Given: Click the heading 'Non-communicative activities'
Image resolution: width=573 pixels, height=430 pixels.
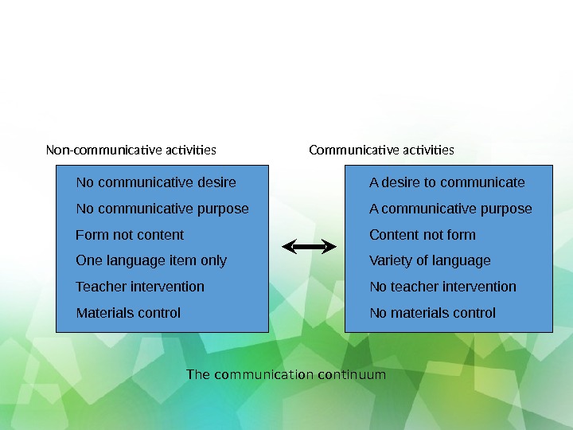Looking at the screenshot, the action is click(131, 150).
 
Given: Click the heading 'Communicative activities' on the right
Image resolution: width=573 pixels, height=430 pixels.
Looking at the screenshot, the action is click(381, 150).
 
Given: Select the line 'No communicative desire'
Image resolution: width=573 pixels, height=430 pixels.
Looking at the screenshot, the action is click(156, 182).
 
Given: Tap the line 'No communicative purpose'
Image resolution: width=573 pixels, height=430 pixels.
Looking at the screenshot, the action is click(162, 209).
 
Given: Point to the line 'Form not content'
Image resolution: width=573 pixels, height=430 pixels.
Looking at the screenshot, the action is click(130, 235).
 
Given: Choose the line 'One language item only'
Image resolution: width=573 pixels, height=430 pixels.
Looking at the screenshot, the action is click(151, 260).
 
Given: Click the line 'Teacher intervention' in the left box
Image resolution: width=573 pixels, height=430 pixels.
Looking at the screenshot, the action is click(140, 287).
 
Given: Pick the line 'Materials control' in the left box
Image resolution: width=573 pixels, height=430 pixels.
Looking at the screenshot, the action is click(128, 313).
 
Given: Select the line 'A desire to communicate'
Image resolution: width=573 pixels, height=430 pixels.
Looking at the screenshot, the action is click(447, 182).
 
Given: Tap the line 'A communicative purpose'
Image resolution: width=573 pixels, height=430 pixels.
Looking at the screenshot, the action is click(450, 209).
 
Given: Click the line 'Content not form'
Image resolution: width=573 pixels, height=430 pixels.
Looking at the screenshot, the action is click(423, 235).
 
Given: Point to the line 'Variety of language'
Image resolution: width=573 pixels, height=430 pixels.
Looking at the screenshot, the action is click(430, 260).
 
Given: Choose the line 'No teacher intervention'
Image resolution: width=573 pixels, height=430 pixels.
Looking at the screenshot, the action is click(442, 287).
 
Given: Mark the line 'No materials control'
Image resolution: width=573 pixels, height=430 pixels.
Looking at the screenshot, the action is click(432, 313).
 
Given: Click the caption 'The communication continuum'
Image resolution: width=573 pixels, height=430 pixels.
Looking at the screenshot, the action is click(286, 374).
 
